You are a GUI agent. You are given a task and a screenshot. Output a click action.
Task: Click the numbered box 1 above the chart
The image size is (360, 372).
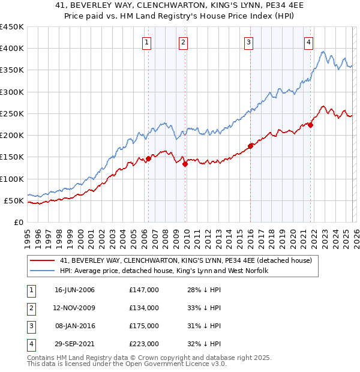(x=147, y=42)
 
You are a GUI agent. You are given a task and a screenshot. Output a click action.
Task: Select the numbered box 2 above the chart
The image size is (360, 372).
(x=183, y=42)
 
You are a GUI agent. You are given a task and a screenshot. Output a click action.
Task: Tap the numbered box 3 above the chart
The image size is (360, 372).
(x=248, y=42)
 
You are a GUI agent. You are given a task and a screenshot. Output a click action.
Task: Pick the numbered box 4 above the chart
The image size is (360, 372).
(x=308, y=42)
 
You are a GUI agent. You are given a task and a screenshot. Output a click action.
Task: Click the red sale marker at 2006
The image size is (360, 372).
(x=148, y=158)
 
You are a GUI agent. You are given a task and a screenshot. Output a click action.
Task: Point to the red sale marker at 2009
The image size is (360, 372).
(x=185, y=164)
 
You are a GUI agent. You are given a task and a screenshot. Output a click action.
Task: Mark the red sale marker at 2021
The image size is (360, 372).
(x=311, y=125)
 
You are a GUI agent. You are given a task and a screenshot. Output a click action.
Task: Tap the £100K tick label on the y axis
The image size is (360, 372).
(x=12, y=179)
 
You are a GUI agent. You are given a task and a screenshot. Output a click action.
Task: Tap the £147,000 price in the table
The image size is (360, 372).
(x=143, y=290)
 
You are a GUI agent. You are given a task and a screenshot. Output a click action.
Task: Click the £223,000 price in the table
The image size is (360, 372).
(x=143, y=344)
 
